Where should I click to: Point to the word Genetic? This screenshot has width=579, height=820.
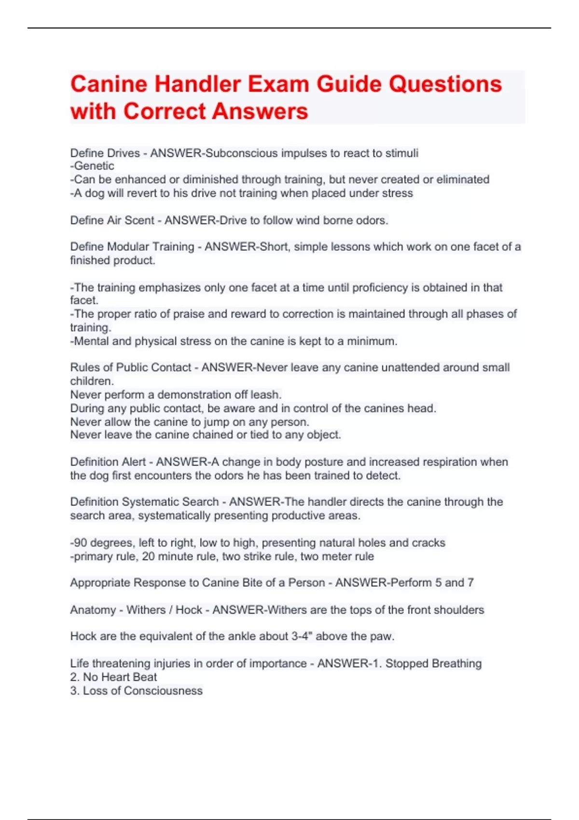tap(94, 166)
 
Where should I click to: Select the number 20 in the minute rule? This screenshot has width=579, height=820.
tap(148, 556)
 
